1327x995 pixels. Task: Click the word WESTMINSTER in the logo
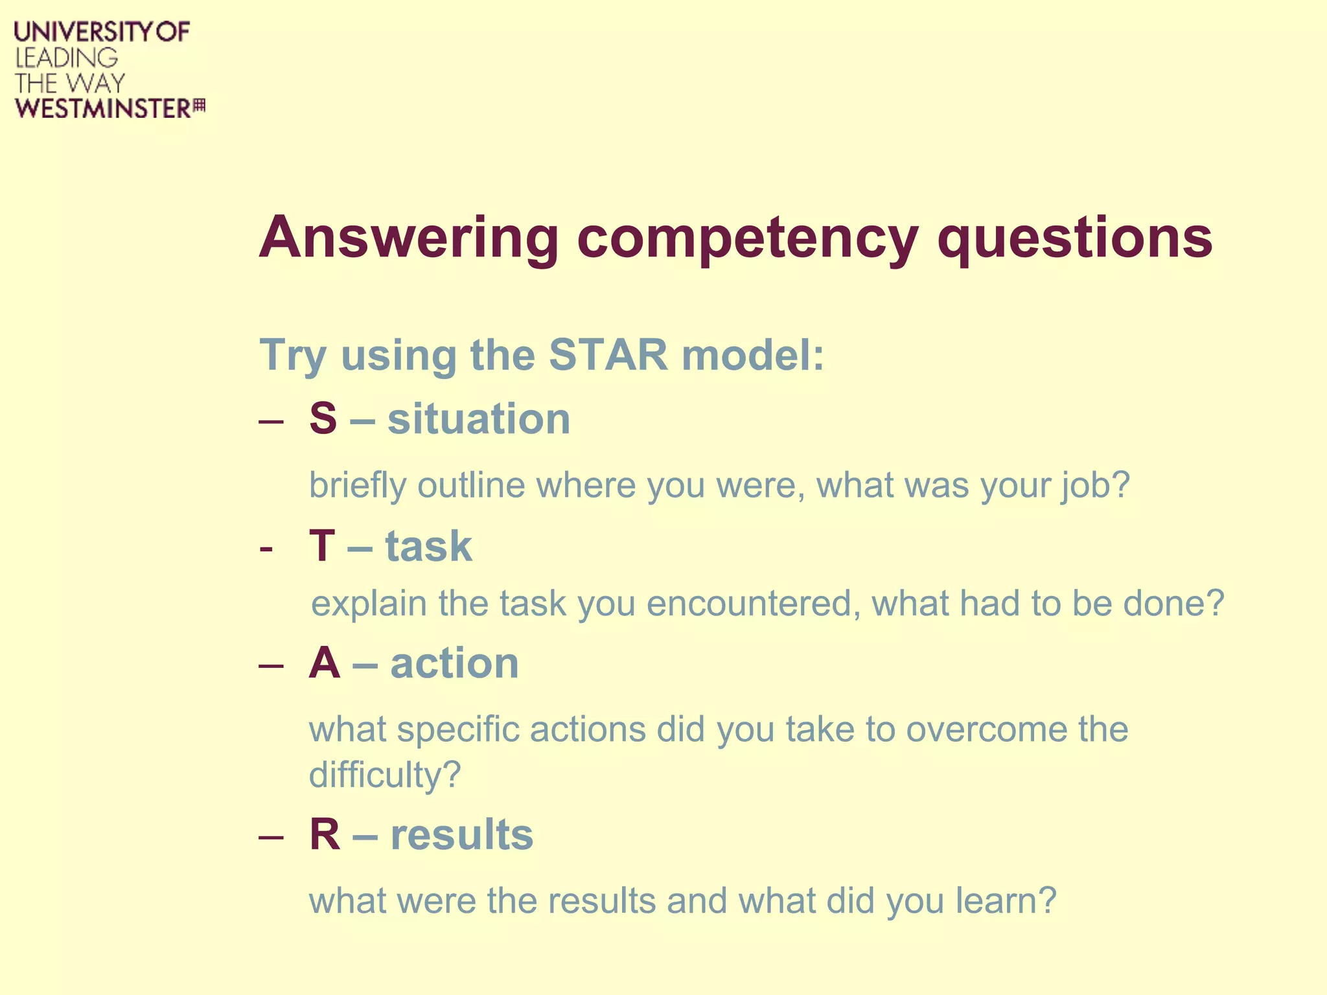(103, 109)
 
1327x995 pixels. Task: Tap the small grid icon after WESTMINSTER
(200, 106)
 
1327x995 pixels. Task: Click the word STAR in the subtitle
(608, 354)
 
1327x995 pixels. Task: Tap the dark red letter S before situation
(323, 418)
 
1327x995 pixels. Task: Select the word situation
(479, 418)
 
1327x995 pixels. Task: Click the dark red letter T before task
(322, 545)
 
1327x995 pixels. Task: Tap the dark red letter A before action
(325, 663)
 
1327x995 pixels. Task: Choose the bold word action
(454, 663)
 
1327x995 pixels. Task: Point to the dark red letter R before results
(325, 834)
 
